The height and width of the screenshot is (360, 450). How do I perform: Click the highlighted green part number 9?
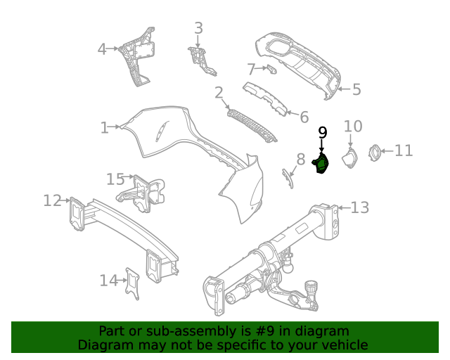pos(321,165)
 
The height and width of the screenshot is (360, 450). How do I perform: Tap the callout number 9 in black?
pos(323,132)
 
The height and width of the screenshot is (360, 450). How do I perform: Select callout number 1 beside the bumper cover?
pos(105,127)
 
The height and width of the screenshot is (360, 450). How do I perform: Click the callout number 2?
pos(219,92)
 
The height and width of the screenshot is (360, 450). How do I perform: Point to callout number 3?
pos(198,28)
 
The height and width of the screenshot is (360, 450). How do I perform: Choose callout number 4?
pos(102,49)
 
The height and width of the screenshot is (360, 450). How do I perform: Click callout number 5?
pos(356,89)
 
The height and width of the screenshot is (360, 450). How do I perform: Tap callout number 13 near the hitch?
pos(359,207)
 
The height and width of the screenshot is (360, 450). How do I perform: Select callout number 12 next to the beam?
pos(52,201)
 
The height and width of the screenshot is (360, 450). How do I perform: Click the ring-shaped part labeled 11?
pos(376,150)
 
